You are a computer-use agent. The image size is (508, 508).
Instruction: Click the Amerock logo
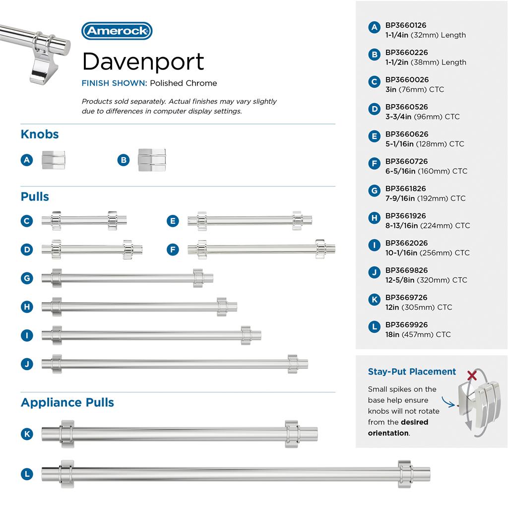[x=117, y=31]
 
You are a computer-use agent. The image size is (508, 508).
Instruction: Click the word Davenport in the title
[x=143, y=62]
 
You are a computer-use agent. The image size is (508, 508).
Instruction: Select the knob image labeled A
[x=53, y=160]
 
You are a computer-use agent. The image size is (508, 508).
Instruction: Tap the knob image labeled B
[x=151, y=160]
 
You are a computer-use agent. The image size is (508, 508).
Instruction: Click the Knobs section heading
[x=40, y=134]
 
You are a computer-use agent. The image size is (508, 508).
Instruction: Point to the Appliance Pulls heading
[x=67, y=402]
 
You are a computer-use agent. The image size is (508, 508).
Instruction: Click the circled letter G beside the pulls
[x=27, y=278]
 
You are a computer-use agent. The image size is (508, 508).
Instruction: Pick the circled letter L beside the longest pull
[x=27, y=474]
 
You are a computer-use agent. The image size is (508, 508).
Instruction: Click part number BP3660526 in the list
[x=406, y=107]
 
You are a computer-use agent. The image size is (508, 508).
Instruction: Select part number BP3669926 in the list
[x=406, y=325]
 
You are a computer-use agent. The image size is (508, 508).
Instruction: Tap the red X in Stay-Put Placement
[x=472, y=376]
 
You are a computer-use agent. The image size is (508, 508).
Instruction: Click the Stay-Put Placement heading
[x=412, y=372]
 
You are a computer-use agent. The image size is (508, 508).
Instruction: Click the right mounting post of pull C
[x=112, y=220]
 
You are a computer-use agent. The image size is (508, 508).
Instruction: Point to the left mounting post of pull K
[x=67, y=434]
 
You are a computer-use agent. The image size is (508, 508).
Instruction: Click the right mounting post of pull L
[x=404, y=474]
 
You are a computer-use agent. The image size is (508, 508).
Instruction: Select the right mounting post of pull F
[x=320, y=249]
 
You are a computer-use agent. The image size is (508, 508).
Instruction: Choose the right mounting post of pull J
[x=293, y=364]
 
